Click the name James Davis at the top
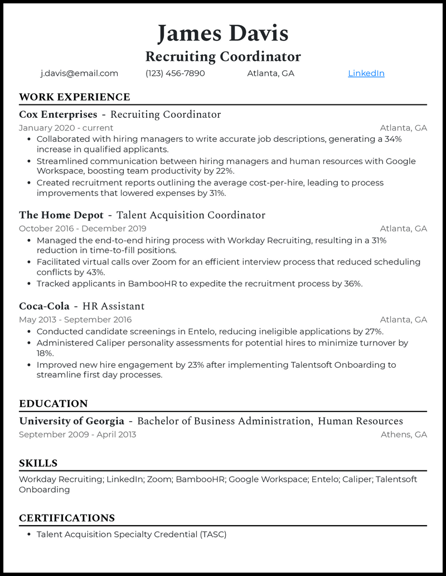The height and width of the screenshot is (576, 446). tap(222, 33)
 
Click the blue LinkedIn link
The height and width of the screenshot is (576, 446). tap(366, 73)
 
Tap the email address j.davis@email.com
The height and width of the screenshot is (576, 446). tap(79, 73)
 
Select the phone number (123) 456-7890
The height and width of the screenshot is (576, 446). tap(175, 73)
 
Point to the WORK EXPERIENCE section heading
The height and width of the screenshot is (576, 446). tap(74, 97)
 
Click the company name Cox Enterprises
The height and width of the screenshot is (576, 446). tap(58, 114)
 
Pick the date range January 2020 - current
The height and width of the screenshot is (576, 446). tap(66, 128)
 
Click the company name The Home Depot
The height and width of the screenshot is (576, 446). tap(61, 215)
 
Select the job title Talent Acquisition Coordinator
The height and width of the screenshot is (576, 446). tap(191, 215)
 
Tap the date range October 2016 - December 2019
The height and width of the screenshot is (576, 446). tap(83, 228)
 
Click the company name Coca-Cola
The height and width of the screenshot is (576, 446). tap(44, 306)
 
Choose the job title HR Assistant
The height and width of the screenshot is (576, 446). tap(113, 306)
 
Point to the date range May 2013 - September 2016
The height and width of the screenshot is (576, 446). tap(75, 320)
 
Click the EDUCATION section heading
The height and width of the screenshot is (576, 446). tap(54, 404)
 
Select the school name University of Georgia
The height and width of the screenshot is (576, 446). tap(71, 421)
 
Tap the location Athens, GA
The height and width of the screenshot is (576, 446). tap(404, 434)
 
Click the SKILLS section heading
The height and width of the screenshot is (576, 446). tap(38, 463)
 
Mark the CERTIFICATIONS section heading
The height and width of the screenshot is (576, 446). tap(67, 518)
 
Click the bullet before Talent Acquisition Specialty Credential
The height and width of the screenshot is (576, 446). tap(28, 535)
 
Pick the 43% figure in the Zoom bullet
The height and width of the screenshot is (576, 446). tap(94, 272)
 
